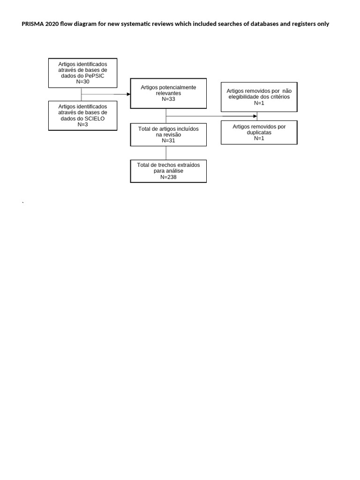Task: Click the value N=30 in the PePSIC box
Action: click(x=82, y=82)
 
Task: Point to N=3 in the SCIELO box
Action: click(x=82, y=125)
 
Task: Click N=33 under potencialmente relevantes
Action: click(x=168, y=99)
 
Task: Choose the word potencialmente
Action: click(x=176, y=88)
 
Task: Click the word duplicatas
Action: click(x=259, y=133)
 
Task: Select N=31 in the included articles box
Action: click(x=168, y=140)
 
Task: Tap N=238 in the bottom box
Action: click(x=168, y=177)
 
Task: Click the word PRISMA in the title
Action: click(x=32, y=24)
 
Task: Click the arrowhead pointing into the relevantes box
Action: click(x=128, y=94)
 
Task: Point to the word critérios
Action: click(x=279, y=97)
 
